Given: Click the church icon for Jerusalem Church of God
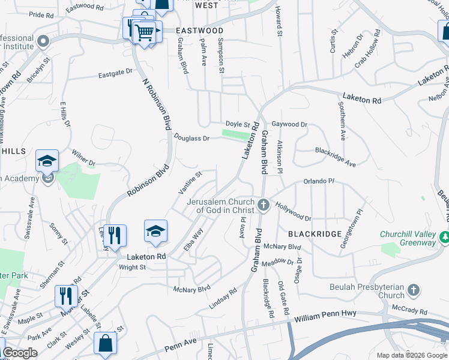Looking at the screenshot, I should [x=263, y=206].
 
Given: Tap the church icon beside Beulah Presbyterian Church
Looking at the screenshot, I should [x=413, y=291].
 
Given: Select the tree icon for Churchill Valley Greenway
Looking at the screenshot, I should [x=445, y=238].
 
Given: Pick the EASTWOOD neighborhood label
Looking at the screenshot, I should [x=199, y=31].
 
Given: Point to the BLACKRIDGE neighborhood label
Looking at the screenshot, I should [x=315, y=233].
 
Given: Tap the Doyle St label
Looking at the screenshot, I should [x=238, y=124].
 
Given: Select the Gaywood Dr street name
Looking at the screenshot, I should [x=289, y=124].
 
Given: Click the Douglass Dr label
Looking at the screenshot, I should [x=191, y=138].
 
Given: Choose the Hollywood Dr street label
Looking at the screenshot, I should [x=294, y=211].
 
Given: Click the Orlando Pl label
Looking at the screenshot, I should [x=318, y=181].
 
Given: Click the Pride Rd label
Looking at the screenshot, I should [x=41, y=14].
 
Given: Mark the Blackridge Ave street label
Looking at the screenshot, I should [x=336, y=157].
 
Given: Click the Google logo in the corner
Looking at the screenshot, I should [x=20, y=353].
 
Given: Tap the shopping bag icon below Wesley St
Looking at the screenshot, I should [x=106, y=344].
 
